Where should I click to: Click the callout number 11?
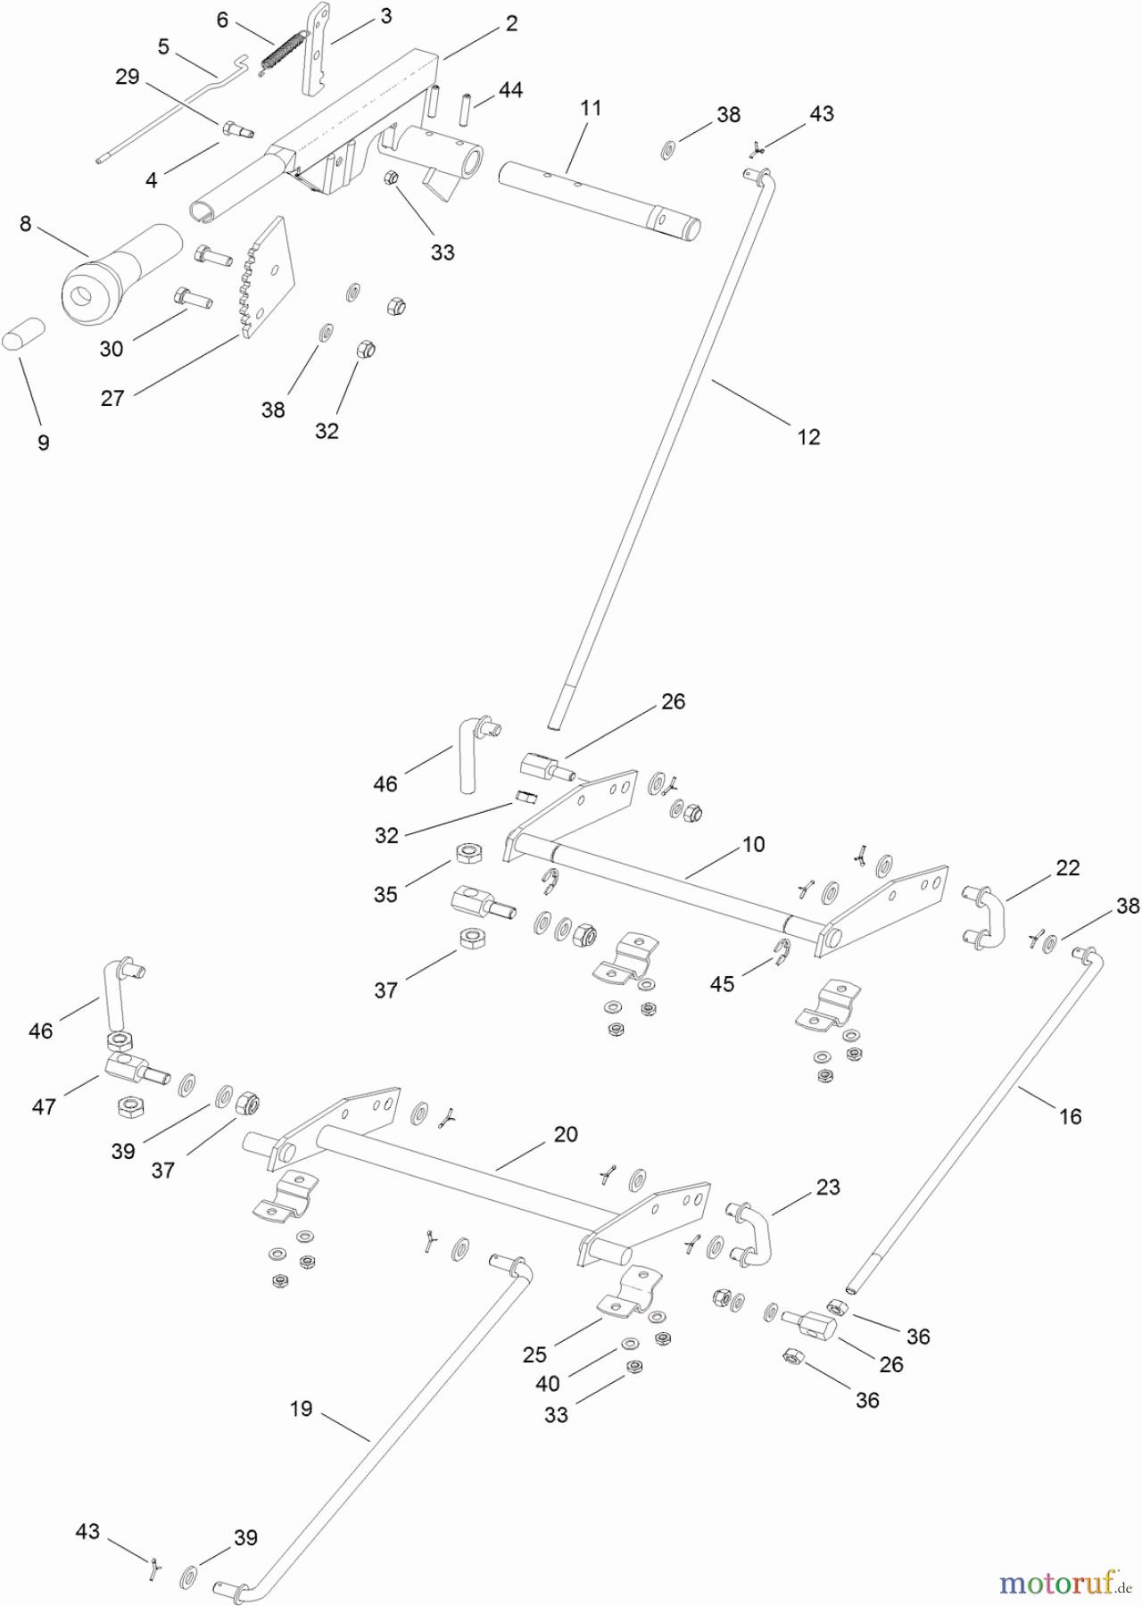[591, 108]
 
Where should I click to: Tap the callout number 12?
[808, 436]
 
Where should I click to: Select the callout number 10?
[754, 844]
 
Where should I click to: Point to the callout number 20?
[566, 1134]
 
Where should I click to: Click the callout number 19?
[302, 1409]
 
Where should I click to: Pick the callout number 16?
[1070, 1116]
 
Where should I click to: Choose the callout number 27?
[112, 398]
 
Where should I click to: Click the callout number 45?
[722, 983]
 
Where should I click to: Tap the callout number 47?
[44, 1106]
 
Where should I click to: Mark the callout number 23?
[829, 1187]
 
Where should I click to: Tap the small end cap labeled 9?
[29, 342]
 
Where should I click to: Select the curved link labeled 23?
[751, 1233]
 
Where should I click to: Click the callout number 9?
[44, 443]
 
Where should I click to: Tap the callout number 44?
[510, 90]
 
